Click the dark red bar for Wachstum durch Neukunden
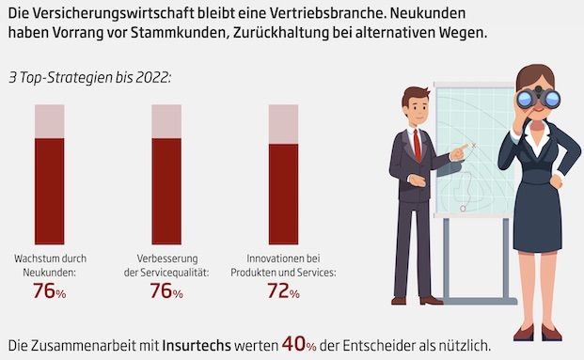point(50,191)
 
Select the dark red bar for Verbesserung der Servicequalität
point(166,191)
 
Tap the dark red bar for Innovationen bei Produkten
point(283,194)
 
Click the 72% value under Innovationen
point(283,293)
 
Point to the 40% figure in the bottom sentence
point(301,344)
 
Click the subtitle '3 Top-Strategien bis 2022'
point(89,76)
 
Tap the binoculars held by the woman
point(537,98)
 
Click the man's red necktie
point(417,145)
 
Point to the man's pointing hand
point(460,150)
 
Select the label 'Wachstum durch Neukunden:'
point(50,264)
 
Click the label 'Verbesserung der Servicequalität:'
point(166,264)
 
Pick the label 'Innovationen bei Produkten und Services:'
point(283,264)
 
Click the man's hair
point(416,94)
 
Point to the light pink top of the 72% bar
point(283,124)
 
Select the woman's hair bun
point(535,71)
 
